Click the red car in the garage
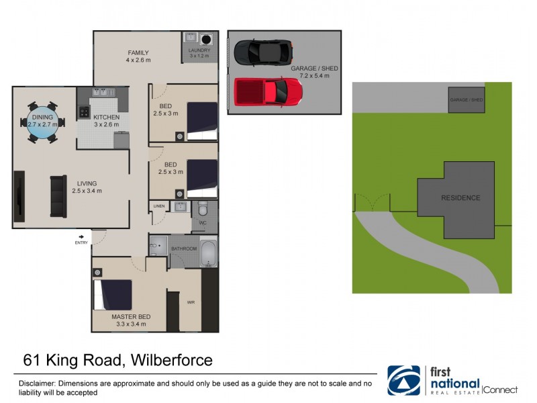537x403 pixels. (268, 90)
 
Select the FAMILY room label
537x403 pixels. (138, 53)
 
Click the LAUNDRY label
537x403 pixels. (199, 50)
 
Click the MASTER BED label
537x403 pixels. (131, 316)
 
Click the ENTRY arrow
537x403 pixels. (82, 236)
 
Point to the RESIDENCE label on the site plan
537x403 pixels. (460, 198)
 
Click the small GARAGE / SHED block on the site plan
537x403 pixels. (467, 99)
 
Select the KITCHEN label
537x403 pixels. (106, 118)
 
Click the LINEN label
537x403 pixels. (159, 206)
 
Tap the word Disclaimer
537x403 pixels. (36, 383)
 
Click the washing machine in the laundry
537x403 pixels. (207, 38)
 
